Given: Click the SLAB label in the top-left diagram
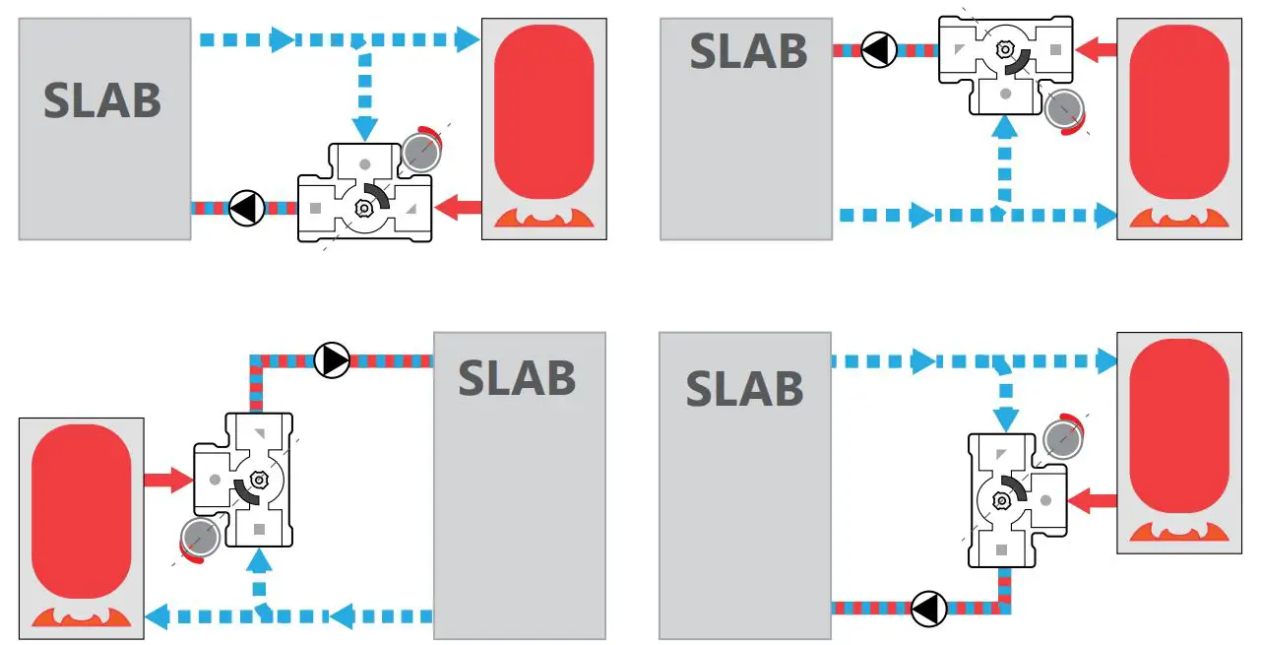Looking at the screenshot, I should click(x=102, y=100).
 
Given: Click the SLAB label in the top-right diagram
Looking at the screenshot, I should click(x=748, y=51).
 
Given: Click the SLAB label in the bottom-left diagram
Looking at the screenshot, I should click(x=517, y=377).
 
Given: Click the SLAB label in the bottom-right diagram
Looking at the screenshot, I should click(x=744, y=388).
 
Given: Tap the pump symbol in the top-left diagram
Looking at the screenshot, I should click(x=245, y=209).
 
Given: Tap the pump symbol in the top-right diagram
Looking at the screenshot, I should click(x=879, y=49).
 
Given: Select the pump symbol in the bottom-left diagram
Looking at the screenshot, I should click(x=332, y=361).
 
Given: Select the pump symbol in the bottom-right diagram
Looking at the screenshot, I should click(x=928, y=609).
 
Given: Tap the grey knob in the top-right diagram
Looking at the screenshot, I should click(x=1063, y=110).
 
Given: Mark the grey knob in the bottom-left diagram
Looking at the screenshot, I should click(x=199, y=539).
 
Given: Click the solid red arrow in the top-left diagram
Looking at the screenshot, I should click(x=458, y=208).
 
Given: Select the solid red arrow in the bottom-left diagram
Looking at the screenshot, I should click(x=167, y=481).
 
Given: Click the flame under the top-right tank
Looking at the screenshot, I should click(x=1178, y=223).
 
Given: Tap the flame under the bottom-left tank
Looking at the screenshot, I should click(x=81, y=617).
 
